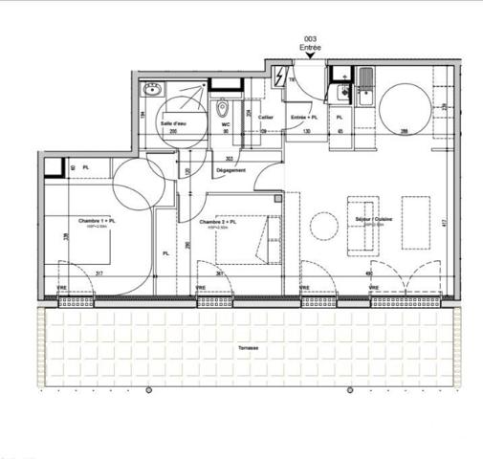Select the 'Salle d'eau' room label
coord(173,123)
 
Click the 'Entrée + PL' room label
coord(303,116)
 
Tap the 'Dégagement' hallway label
coord(231,171)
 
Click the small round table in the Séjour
coord(324,226)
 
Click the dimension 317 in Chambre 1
coord(99,274)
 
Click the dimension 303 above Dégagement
coord(230,158)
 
